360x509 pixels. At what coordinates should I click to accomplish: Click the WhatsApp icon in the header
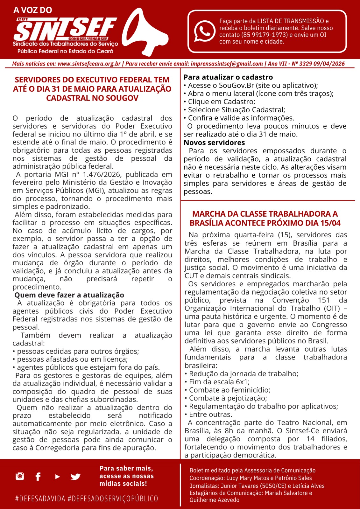point(204,31)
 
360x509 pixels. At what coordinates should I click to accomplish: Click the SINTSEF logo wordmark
point(65,29)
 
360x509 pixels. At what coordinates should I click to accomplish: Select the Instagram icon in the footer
point(20,476)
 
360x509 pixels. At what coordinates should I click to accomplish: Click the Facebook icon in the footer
point(38,476)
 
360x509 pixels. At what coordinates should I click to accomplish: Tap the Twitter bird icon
point(75,477)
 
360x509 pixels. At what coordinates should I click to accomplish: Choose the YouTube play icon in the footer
point(57,476)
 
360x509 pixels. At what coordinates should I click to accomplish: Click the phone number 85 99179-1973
point(261,35)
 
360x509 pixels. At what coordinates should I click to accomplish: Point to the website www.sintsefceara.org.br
point(89,64)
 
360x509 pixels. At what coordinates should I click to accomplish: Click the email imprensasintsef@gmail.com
point(227,64)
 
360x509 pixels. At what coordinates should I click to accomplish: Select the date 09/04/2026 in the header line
point(329,64)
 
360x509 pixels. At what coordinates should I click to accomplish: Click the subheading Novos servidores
point(214,143)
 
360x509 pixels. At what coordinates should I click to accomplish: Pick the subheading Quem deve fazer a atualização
point(69,295)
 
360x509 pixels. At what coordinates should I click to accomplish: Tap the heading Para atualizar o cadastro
point(228,77)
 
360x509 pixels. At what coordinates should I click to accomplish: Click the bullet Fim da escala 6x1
point(219,382)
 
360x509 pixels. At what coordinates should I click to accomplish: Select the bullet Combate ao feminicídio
point(229,390)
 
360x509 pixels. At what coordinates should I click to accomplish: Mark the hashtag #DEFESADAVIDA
point(40,499)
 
